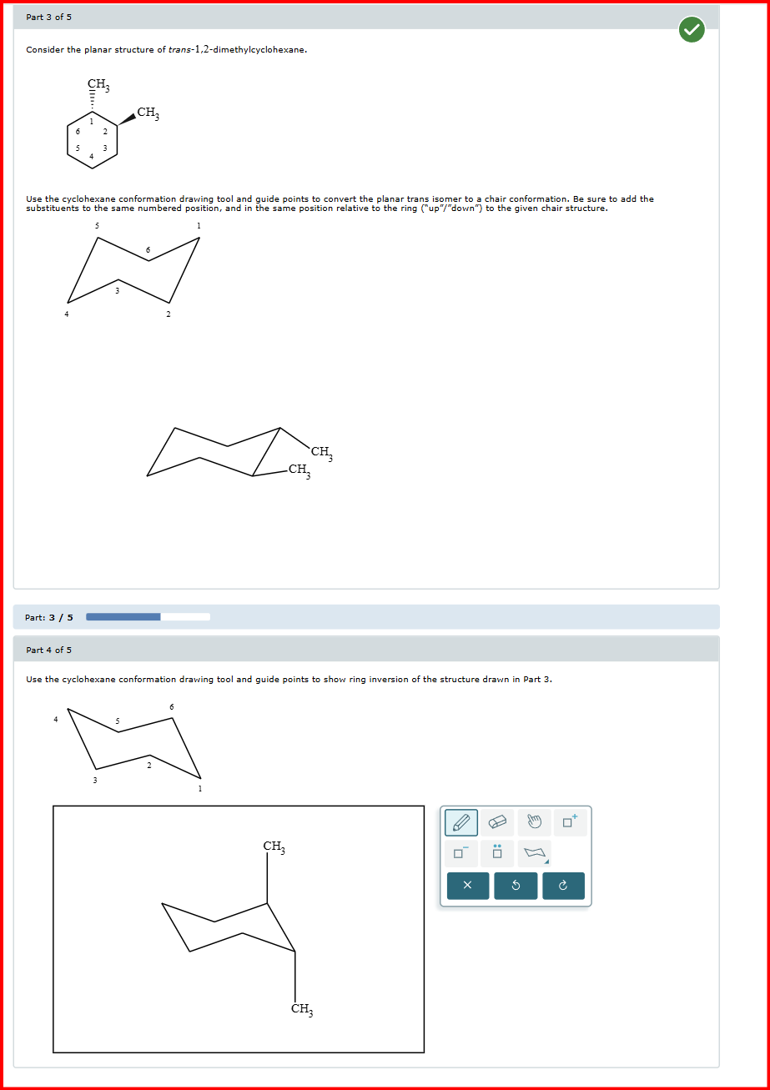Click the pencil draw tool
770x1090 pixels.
[461, 822]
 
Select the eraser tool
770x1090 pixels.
[497, 822]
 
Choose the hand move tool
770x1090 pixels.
[534, 822]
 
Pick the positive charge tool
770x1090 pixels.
[570, 822]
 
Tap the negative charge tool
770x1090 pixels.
[461, 853]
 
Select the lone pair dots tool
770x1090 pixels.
[497, 853]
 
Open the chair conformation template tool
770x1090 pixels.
[534, 853]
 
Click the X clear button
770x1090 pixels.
[467, 886]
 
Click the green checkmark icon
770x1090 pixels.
[691, 31]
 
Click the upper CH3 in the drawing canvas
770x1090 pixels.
[274, 847]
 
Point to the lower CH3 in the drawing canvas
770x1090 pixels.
[302, 1009]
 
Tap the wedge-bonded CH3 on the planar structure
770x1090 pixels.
[148, 113]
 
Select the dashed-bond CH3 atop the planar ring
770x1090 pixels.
[98, 84]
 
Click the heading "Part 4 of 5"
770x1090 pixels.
[48, 650]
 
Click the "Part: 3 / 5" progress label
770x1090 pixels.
[49, 617]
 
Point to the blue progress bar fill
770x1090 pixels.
[123, 617]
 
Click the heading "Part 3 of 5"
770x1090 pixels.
[48, 17]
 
